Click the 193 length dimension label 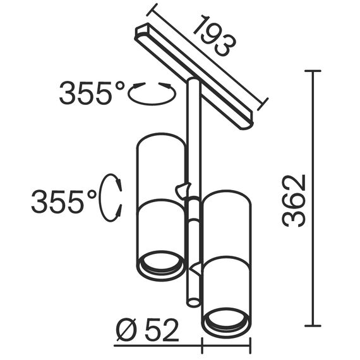pyautogui.click(x=213, y=40)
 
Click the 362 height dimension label pyautogui.click(x=294, y=200)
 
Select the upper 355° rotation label pyautogui.click(x=92, y=94)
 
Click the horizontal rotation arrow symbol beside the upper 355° pyautogui.click(x=151, y=93)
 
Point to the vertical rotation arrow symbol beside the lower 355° pyautogui.click(x=115, y=197)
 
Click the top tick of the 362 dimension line pyautogui.click(x=314, y=71)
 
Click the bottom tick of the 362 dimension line pyautogui.click(x=314, y=326)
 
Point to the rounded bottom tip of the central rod pyautogui.click(x=193, y=303)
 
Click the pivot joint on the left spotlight pyautogui.click(x=183, y=188)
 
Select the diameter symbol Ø pyautogui.click(x=125, y=330)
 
